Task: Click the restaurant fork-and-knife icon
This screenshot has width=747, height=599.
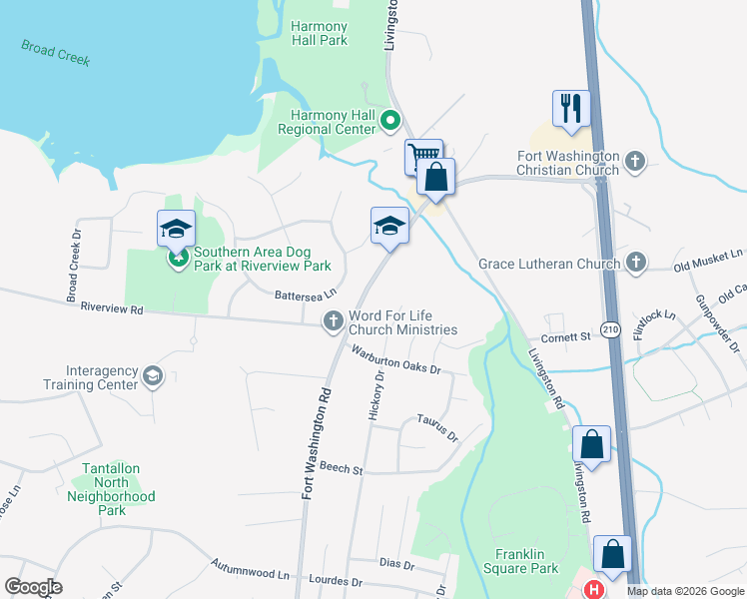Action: pos(571,108)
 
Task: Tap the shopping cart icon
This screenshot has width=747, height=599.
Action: pos(424,156)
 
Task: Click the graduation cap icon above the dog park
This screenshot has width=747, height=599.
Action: pos(177,228)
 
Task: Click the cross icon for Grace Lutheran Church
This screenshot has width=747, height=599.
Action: pos(634,263)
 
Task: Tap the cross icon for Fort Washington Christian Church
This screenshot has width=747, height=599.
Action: pos(634,161)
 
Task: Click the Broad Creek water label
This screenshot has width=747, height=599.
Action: pos(56,53)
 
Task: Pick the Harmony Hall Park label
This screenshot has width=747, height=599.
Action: pos(320,33)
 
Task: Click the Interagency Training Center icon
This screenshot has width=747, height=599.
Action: pos(152,375)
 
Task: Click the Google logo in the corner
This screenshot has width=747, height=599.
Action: pos(33,586)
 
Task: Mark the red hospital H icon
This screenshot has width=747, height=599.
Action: pos(594,589)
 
